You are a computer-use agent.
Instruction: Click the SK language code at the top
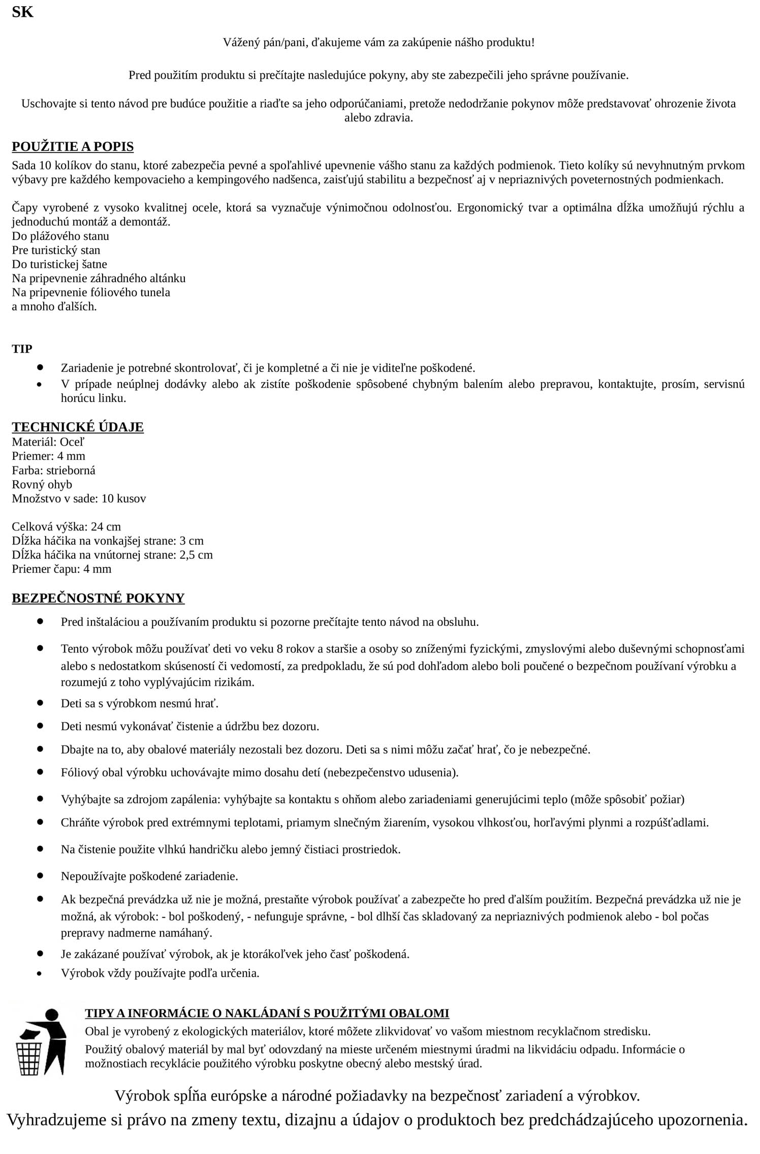point(22,12)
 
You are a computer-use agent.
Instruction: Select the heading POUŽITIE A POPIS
point(73,147)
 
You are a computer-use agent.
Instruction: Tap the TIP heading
point(22,349)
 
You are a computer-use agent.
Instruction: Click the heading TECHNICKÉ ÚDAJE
point(78,427)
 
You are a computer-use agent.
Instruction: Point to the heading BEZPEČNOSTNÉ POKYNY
point(98,598)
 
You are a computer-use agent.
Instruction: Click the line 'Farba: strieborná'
point(53,470)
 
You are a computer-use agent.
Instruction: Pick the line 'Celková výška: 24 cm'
point(66,526)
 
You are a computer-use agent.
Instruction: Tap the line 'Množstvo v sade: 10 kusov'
point(79,498)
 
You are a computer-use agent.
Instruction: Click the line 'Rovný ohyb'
point(42,484)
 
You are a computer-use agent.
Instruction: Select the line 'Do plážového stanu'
point(60,236)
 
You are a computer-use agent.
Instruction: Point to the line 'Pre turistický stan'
point(56,250)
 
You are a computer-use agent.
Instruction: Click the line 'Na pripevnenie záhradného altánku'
point(99,278)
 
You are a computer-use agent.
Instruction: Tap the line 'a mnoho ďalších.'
point(54,306)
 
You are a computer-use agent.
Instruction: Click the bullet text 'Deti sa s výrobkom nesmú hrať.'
point(140,703)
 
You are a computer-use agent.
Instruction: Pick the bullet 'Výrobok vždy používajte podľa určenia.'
point(160,973)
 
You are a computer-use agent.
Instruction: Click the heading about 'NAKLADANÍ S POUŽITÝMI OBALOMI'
point(267,1013)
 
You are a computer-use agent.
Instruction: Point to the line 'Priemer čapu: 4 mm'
point(61,569)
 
